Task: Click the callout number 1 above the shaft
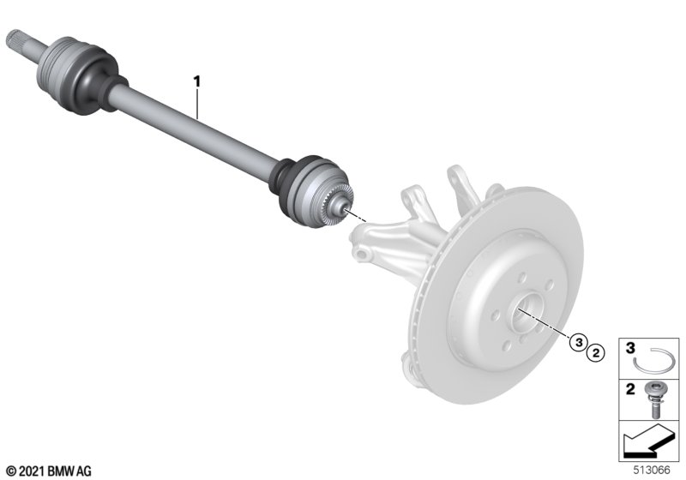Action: [197, 81]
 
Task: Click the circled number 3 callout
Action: [579, 343]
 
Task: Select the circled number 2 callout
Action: [595, 353]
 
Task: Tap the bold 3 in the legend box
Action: [630, 348]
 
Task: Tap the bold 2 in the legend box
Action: [630, 389]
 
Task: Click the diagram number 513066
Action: [652, 470]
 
